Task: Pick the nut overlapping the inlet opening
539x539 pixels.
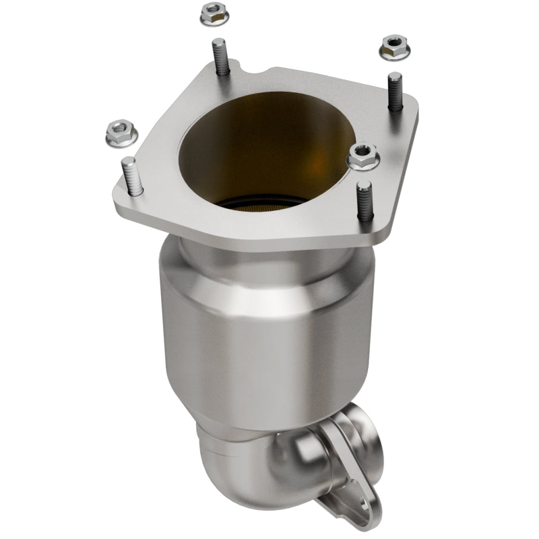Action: pos(363,158)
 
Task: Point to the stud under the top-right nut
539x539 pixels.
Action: pos(395,92)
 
